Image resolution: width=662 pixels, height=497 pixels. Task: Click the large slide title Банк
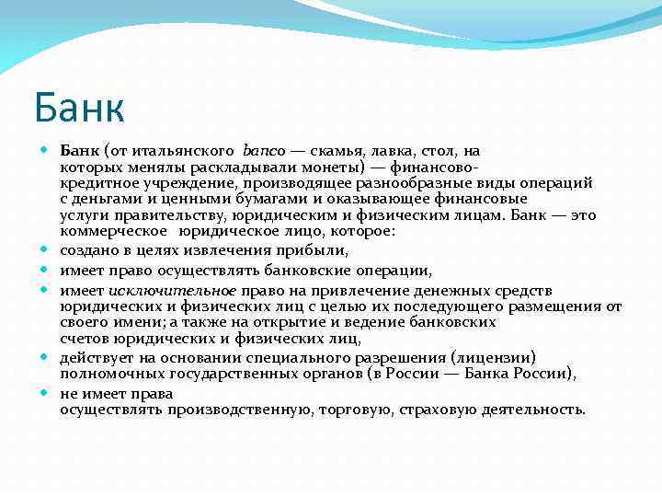(x=78, y=108)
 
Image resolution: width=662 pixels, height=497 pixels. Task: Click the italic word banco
(x=265, y=150)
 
